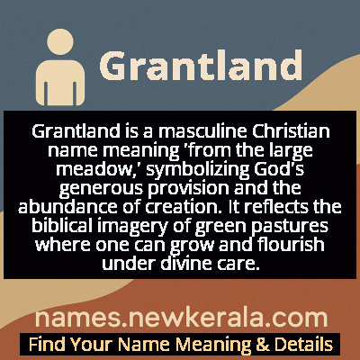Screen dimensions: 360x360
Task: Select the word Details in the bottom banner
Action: pos(302,344)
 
